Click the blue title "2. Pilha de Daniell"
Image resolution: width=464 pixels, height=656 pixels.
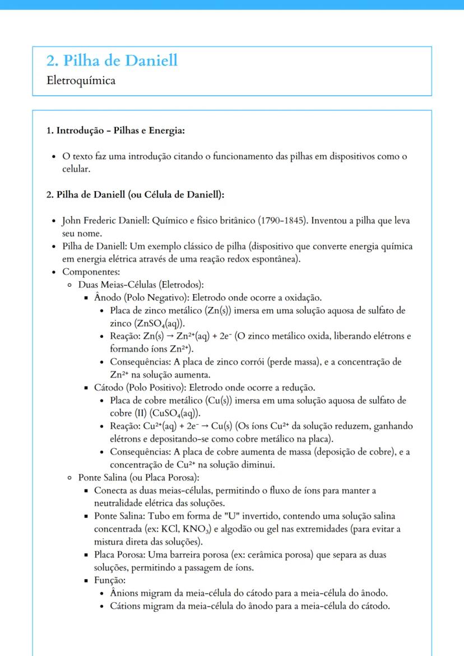pyautogui.click(x=112, y=61)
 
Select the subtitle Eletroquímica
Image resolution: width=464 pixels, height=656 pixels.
pyautogui.click(x=81, y=81)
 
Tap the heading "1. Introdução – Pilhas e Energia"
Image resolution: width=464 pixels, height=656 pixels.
pyautogui.click(x=115, y=131)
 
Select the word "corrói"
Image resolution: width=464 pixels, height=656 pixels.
pyautogui.click(x=250, y=362)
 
